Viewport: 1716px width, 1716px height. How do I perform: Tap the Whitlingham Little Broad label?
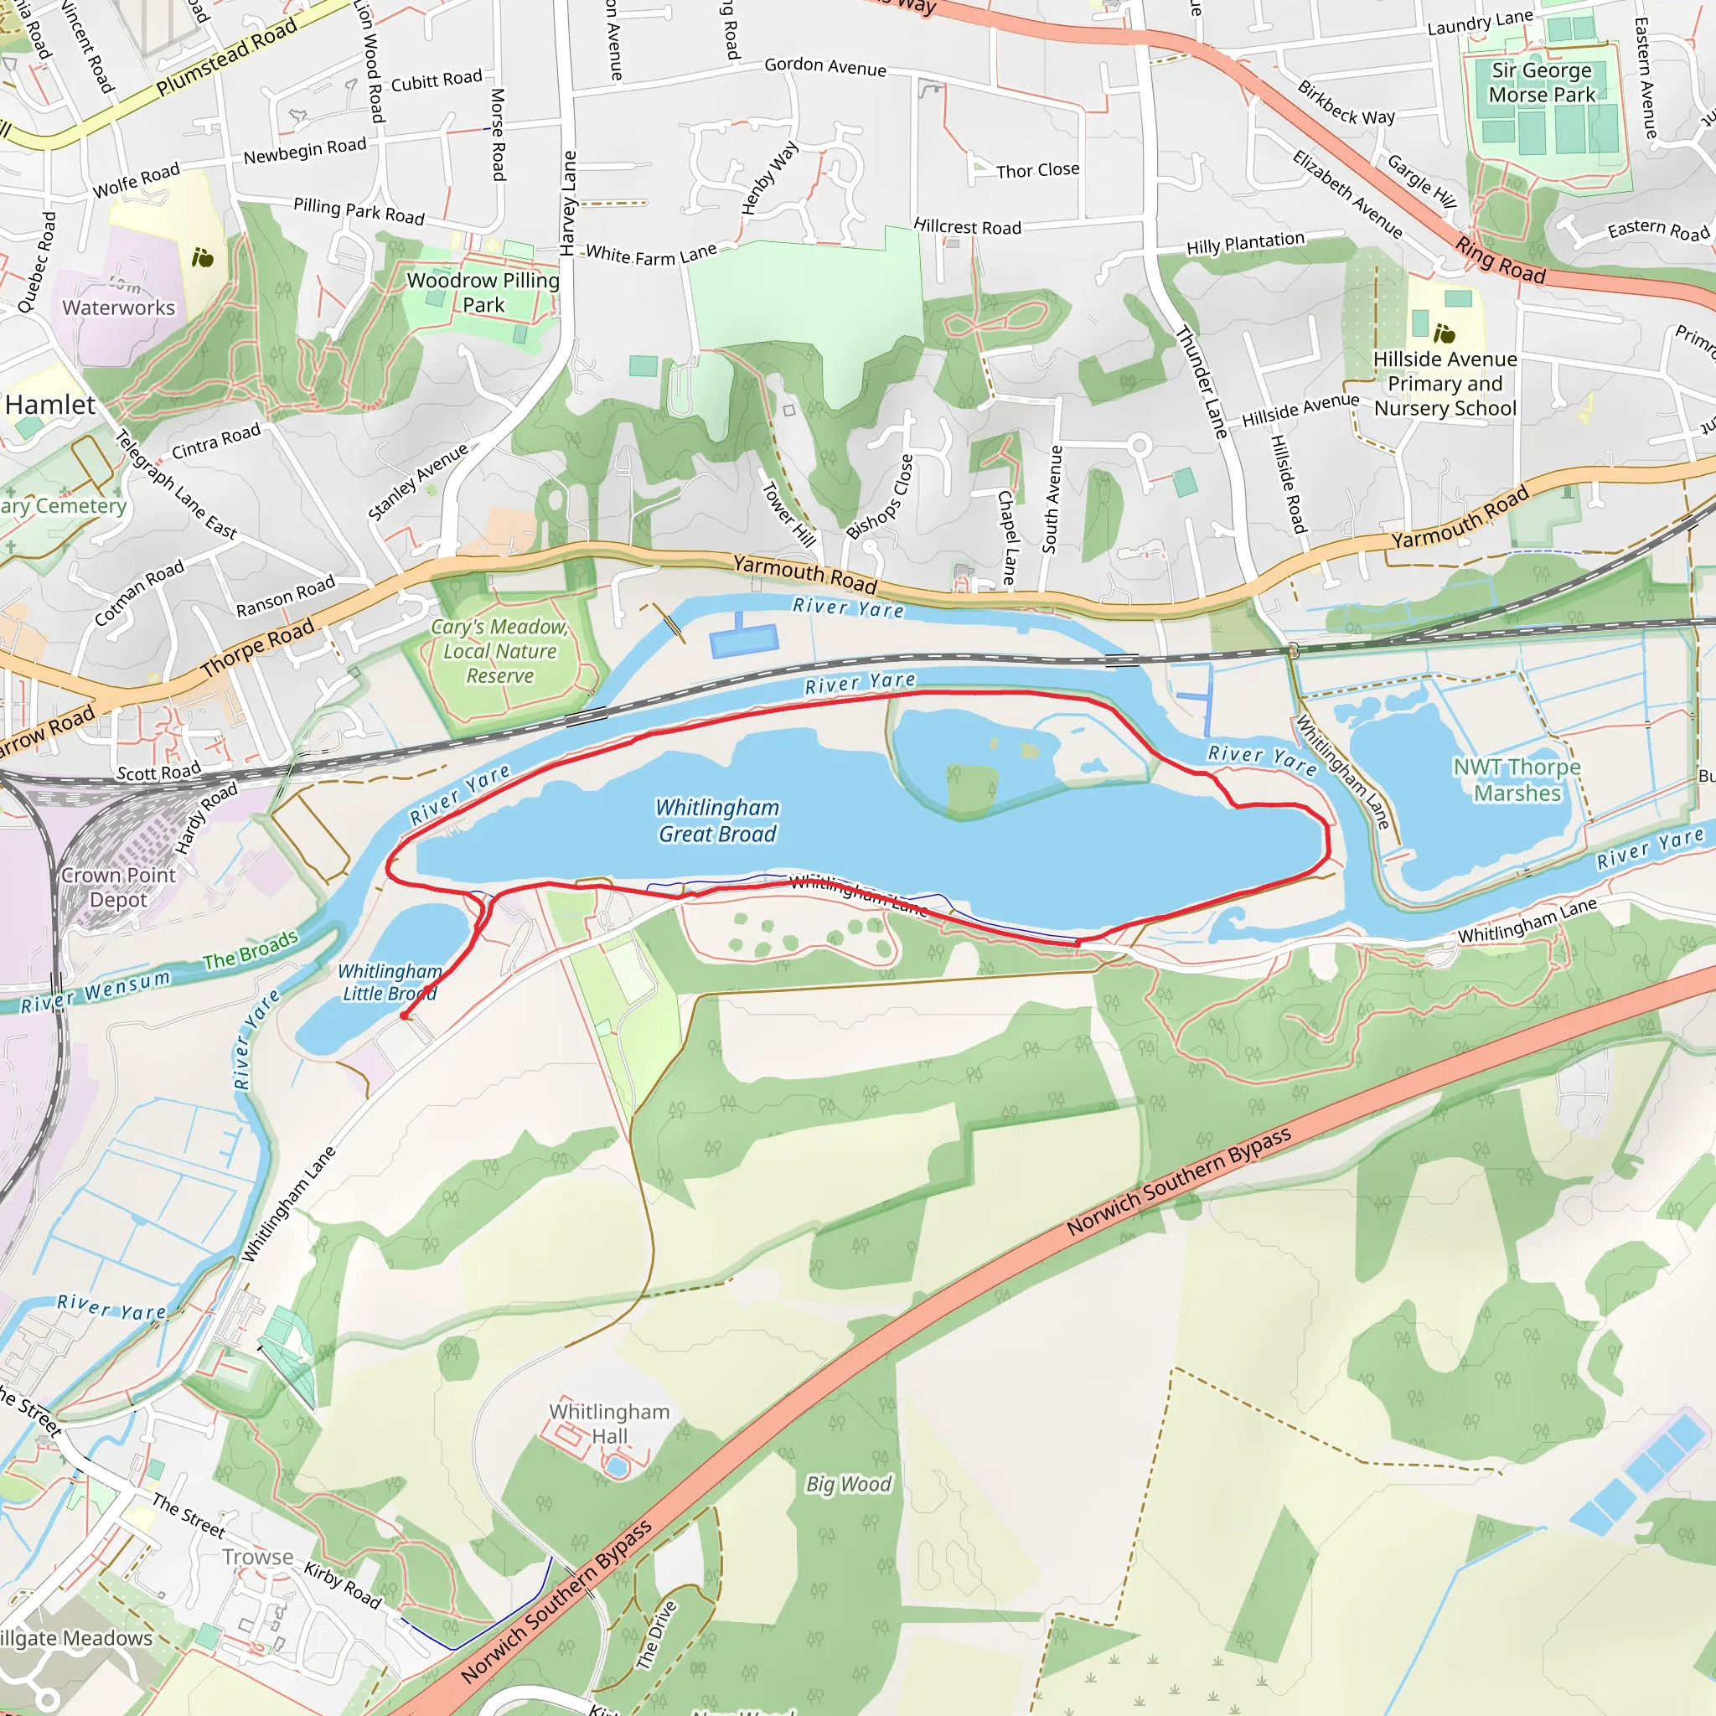[x=389, y=982]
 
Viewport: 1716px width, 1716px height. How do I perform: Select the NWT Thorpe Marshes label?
[x=1517, y=780]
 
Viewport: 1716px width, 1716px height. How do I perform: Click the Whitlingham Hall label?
[x=609, y=1424]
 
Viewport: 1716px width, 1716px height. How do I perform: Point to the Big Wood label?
[x=848, y=1484]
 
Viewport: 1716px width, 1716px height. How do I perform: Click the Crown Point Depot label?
[x=118, y=887]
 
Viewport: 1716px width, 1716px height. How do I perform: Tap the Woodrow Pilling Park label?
[x=483, y=292]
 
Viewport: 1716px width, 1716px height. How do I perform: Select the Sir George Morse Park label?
[x=1542, y=83]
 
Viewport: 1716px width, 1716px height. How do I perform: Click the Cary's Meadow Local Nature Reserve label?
[x=500, y=651]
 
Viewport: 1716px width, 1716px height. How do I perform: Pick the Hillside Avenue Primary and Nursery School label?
[x=1445, y=384]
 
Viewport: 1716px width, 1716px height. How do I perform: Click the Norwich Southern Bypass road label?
[x=1179, y=1182]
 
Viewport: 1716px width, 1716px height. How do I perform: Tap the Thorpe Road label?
[x=257, y=649]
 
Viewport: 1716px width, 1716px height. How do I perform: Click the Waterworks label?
[x=119, y=308]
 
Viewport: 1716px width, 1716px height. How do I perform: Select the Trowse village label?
[x=257, y=1557]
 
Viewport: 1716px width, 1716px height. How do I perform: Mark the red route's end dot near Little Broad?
[x=405, y=1016]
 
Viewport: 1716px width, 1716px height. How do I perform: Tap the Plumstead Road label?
[x=226, y=58]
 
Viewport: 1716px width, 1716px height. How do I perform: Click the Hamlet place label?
[x=50, y=405]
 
